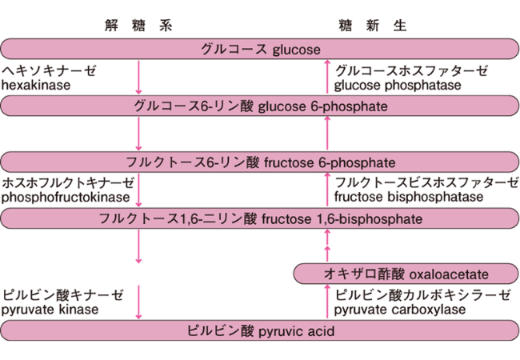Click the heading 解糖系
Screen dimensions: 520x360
[138, 26]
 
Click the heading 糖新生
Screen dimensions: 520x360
[373, 26]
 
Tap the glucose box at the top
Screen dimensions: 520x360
[260, 49]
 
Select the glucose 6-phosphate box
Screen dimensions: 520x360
[260, 106]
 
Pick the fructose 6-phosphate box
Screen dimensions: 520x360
[260, 162]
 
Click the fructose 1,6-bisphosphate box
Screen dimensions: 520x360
[260, 218]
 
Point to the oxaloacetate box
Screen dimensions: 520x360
[406, 274]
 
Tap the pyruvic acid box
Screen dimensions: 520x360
[260, 330]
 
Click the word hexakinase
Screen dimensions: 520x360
[36, 85]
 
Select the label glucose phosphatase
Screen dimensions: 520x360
[398, 85]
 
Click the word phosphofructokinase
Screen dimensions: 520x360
[66, 198]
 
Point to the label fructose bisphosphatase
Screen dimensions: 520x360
[409, 197]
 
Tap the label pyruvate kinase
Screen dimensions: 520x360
[50, 310]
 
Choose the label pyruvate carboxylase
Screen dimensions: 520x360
[400, 310]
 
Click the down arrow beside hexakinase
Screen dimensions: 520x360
[138, 78]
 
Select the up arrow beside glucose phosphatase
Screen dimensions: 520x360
[327, 77]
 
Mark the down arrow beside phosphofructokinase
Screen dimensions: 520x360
[138, 190]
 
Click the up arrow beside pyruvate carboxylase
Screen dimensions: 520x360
[327, 302]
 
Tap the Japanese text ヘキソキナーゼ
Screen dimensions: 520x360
[49, 70]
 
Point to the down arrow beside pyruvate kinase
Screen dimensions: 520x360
[138, 302]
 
